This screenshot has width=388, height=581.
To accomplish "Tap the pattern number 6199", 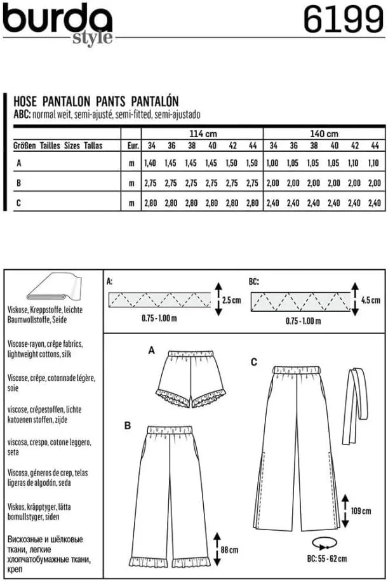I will [341, 20].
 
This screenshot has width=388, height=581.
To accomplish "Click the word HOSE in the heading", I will [26, 100].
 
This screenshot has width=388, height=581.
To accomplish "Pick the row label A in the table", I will [18, 163].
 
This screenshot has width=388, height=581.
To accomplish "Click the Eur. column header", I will [132, 145].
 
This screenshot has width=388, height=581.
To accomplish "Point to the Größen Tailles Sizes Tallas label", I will [58, 145].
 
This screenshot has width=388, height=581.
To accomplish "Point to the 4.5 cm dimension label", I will [370, 299].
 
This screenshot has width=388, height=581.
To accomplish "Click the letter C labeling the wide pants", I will [253, 362].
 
